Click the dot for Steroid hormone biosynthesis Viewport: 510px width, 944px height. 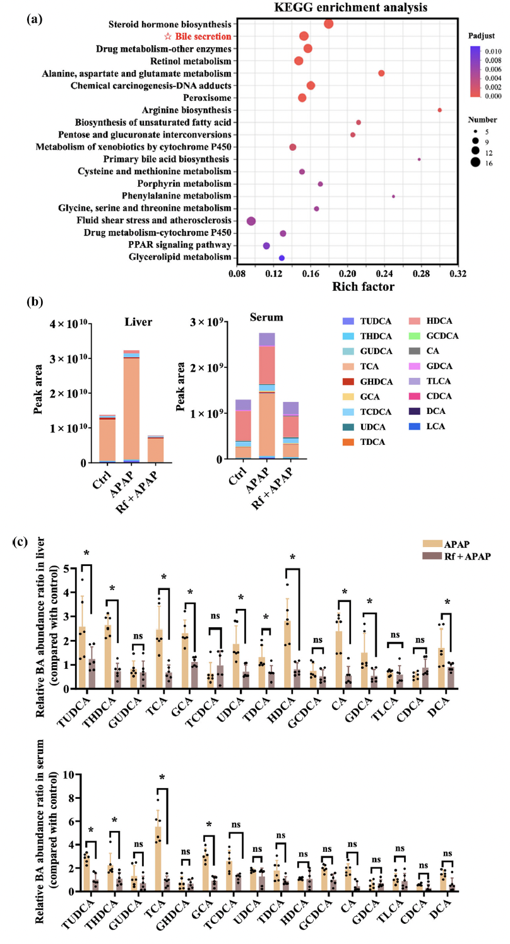329,24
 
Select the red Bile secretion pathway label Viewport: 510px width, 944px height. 203,37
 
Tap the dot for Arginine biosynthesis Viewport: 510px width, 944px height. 439,110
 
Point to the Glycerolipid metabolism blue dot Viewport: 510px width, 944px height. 282,257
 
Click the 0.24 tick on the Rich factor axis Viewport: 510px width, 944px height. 384,273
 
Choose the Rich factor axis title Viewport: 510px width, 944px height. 363,286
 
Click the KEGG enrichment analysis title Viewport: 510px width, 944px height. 351,7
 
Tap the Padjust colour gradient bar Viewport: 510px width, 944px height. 475,72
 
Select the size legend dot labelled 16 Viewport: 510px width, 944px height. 475,162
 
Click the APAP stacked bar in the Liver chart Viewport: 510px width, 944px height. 131,406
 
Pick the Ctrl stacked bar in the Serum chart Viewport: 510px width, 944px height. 243,429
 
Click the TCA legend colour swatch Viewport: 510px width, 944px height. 348,366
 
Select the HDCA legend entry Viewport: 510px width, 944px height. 430,321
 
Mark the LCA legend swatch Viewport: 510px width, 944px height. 414,427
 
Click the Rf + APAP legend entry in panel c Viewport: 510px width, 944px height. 456,556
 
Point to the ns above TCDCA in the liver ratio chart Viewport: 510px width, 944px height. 215,616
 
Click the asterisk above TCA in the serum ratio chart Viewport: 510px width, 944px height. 162,777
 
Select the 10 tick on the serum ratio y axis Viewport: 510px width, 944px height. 69,775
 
